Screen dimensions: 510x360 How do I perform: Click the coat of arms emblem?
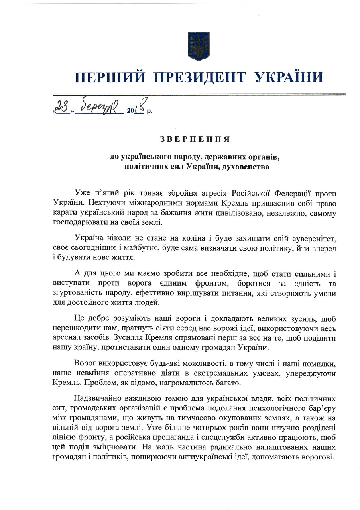point(198,46)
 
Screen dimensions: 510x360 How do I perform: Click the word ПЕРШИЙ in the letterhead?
point(110,76)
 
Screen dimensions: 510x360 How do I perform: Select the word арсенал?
point(67,338)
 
